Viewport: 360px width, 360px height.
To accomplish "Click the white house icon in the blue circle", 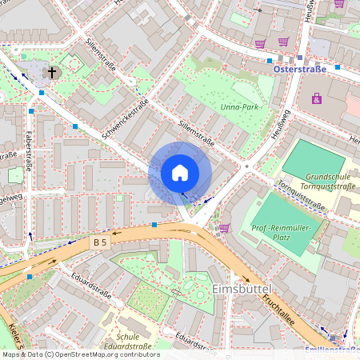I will tap(180, 172).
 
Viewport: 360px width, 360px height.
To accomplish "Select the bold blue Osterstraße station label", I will tap(300, 70).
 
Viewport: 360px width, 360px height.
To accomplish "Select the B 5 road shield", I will tap(99, 241).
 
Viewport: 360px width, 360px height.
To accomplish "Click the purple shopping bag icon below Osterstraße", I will tap(317, 98).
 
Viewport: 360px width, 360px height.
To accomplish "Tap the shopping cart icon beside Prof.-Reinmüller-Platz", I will tap(224, 228).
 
